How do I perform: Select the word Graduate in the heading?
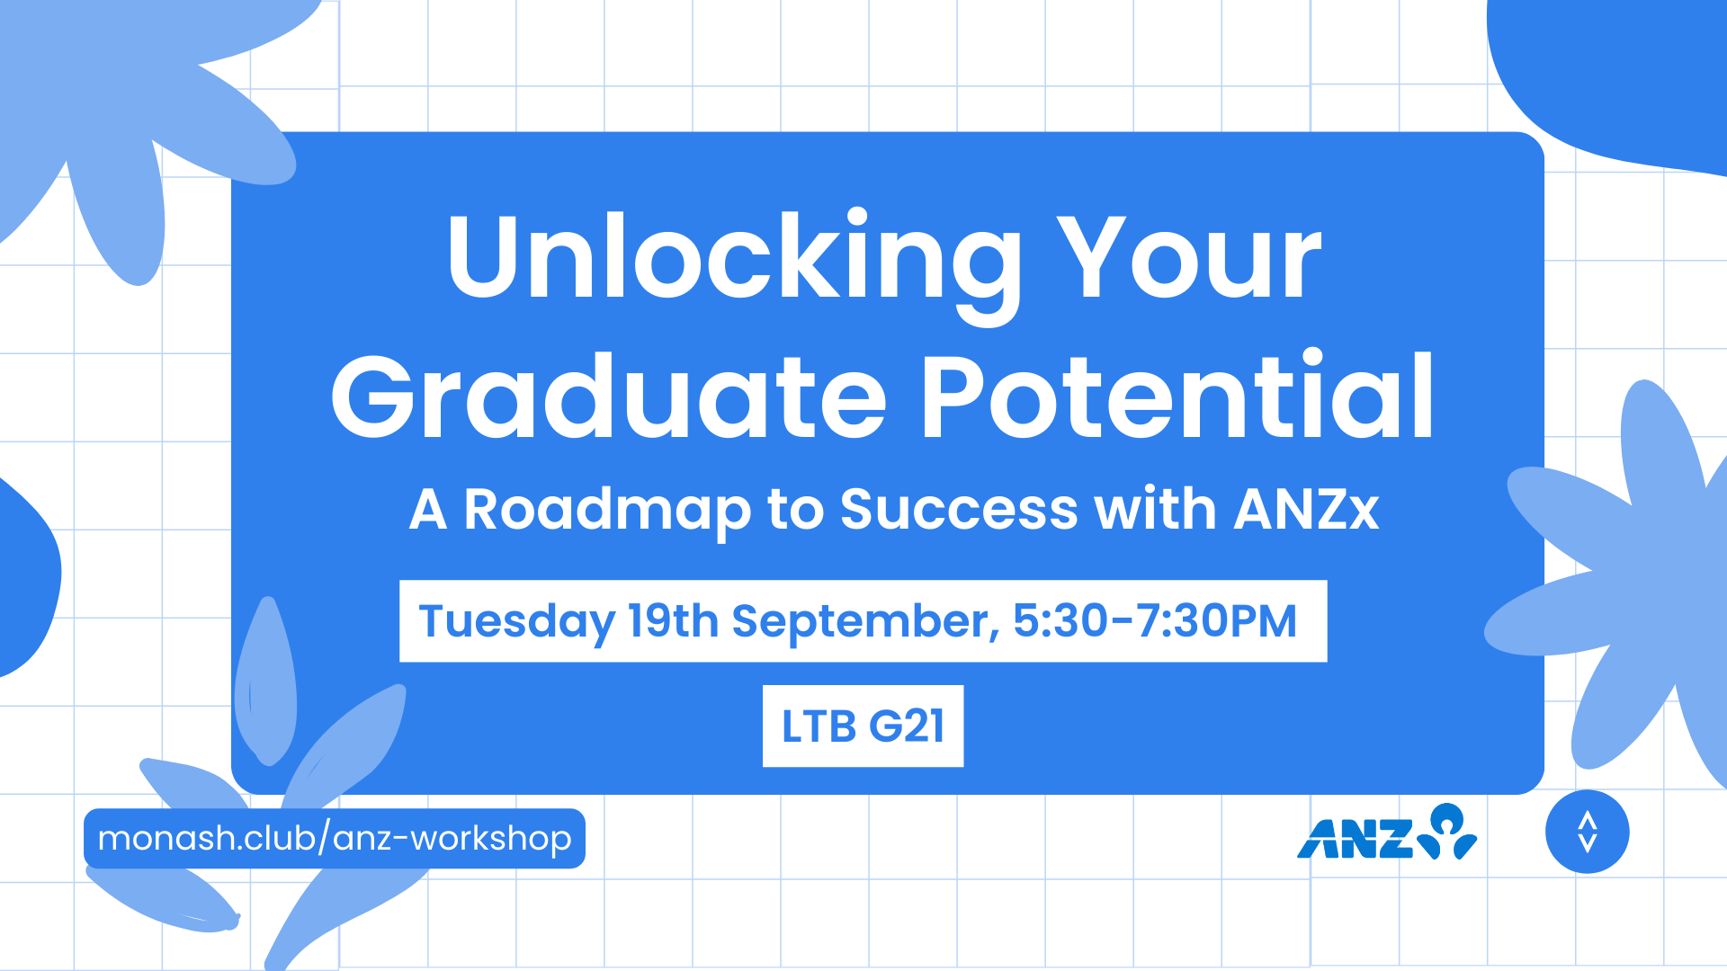pyautogui.click(x=609, y=396)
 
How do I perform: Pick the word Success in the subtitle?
pyautogui.click(x=959, y=510)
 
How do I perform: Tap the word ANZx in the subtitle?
pyautogui.click(x=1307, y=510)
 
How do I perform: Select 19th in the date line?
pyautogui.click(x=673, y=620)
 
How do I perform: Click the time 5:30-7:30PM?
pyautogui.click(x=1155, y=620)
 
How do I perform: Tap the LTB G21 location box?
pyautogui.click(x=863, y=726)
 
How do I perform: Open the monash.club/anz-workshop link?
pyautogui.click(x=335, y=838)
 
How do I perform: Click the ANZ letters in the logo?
pyautogui.click(x=1356, y=839)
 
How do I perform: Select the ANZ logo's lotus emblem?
pyautogui.click(x=1447, y=832)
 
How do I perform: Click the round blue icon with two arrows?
pyautogui.click(x=1588, y=832)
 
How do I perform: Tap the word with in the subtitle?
pyautogui.click(x=1156, y=510)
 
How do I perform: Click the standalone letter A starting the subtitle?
pyautogui.click(x=428, y=510)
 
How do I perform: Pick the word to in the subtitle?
pyautogui.click(x=795, y=511)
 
